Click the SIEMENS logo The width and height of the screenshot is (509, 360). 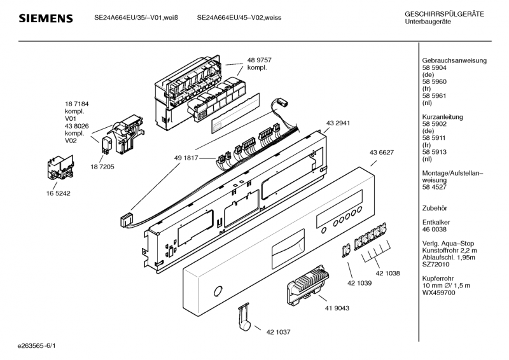click(x=45, y=18)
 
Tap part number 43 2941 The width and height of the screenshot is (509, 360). click(x=338, y=123)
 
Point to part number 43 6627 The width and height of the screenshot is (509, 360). click(x=381, y=152)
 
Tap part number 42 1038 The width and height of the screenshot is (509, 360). click(x=387, y=273)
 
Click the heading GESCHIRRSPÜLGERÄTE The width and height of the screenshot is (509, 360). click(x=444, y=15)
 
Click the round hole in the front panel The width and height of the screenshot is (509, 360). click(x=218, y=292)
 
